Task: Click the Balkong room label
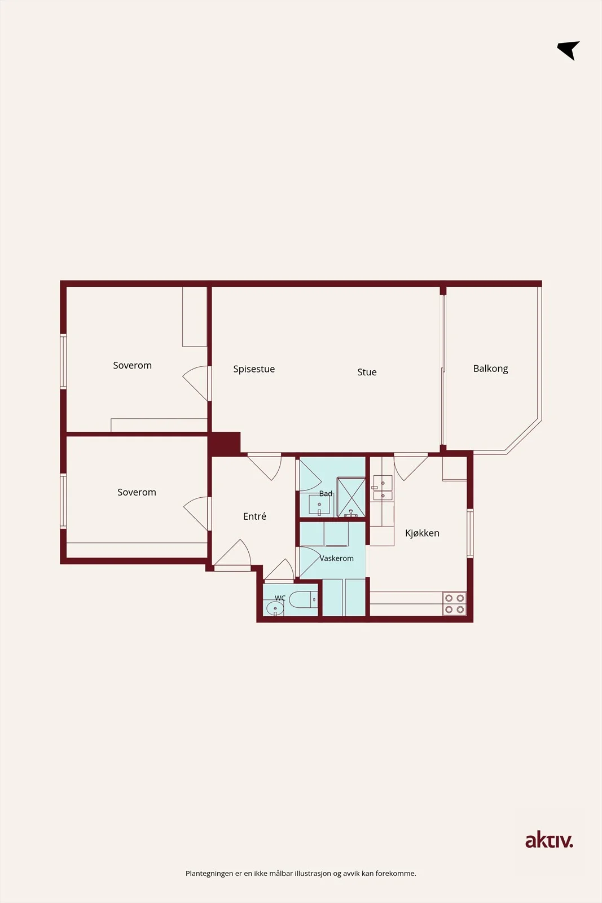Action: pyautogui.click(x=490, y=369)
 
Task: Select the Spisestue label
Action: pyautogui.click(x=254, y=369)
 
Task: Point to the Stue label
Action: pyautogui.click(x=367, y=372)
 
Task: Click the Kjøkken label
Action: pyautogui.click(x=422, y=533)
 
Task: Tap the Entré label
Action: pyautogui.click(x=254, y=516)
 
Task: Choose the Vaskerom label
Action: pyautogui.click(x=336, y=558)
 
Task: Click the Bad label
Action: pyautogui.click(x=326, y=493)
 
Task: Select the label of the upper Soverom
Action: pyautogui.click(x=132, y=365)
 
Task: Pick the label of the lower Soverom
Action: pyautogui.click(x=137, y=492)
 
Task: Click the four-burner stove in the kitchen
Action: pyautogui.click(x=455, y=603)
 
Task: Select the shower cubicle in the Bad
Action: pyautogui.click(x=351, y=497)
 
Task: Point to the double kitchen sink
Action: pyautogui.click(x=383, y=488)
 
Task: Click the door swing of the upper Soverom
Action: pyautogui.click(x=197, y=383)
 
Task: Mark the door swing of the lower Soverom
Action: pyautogui.click(x=197, y=514)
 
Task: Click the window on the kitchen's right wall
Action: pyautogui.click(x=470, y=533)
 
